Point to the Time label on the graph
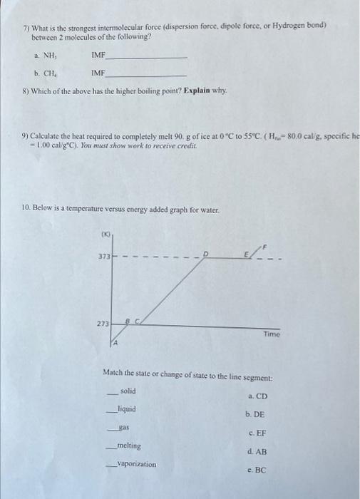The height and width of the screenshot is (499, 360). (271, 334)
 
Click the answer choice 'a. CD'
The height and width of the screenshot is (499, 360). (257, 396)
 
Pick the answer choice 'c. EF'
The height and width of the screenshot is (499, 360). (257, 433)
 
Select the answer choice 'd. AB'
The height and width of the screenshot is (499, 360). (257, 451)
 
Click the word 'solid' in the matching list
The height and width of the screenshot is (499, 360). (128, 391)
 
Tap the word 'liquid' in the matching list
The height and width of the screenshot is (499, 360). (127, 409)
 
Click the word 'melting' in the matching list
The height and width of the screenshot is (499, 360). (128, 446)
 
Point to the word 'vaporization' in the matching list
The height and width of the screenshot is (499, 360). (136, 464)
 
